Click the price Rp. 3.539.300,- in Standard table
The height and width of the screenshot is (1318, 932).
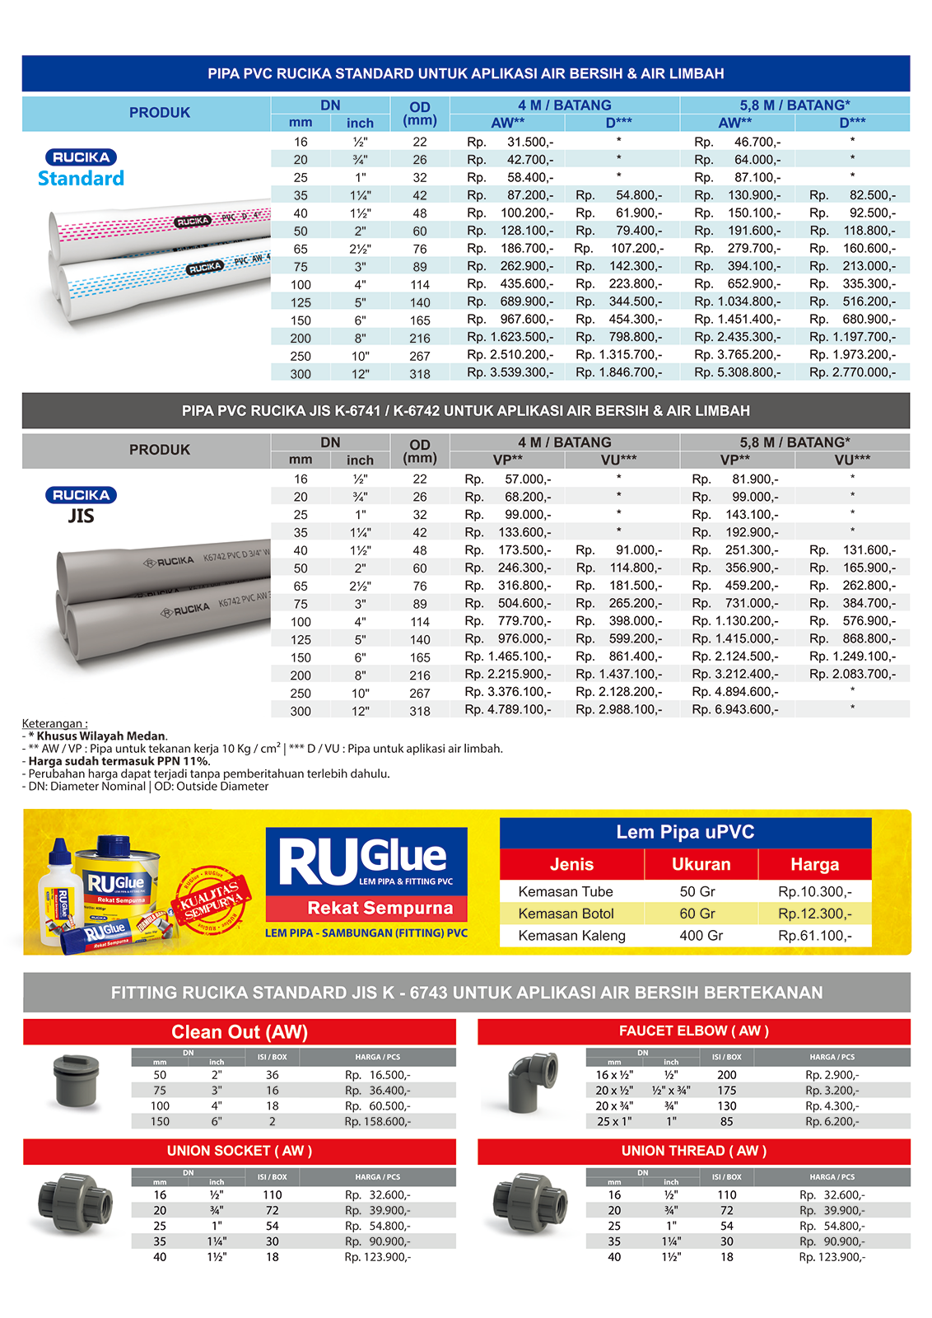pyautogui.click(x=510, y=372)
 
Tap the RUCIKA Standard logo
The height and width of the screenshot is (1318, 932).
pyautogui.click(x=81, y=168)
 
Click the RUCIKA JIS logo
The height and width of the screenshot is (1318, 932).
pyautogui.click(x=81, y=505)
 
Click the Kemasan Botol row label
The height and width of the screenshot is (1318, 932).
pyautogui.click(x=566, y=914)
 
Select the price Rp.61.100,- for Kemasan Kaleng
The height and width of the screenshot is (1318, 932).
pyautogui.click(x=814, y=936)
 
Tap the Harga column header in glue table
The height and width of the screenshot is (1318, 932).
pyautogui.click(x=814, y=864)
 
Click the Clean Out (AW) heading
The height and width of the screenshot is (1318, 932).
pyautogui.click(x=239, y=1032)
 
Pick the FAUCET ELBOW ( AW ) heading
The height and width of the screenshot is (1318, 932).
pyautogui.click(x=693, y=1031)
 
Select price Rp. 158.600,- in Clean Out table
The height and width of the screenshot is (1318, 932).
pyautogui.click(x=377, y=1121)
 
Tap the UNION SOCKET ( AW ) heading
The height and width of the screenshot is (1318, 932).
pyautogui.click(x=239, y=1151)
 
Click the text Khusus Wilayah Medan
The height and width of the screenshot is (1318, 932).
pyautogui.click(x=101, y=736)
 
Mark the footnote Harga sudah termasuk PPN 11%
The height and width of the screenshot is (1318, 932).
pyautogui.click(x=119, y=761)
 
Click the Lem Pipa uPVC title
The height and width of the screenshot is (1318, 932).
pyautogui.click(x=685, y=832)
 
